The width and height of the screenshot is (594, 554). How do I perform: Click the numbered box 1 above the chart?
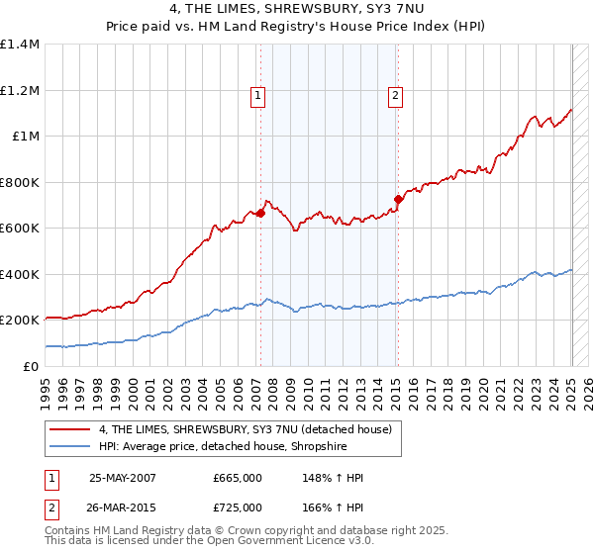coord(257,96)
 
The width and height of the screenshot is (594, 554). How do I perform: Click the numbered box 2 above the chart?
coord(395,96)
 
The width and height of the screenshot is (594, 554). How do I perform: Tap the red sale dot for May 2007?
coord(260,213)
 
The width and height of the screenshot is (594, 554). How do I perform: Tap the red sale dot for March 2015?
coord(397,199)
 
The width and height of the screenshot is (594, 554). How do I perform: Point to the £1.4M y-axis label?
coord(20,45)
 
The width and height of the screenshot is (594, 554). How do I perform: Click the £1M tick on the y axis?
coord(27,137)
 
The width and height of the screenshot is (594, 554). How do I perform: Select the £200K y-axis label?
coord(20,321)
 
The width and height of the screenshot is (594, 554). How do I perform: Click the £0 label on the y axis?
coord(32,366)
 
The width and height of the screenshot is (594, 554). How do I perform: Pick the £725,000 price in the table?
coord(237,508)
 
